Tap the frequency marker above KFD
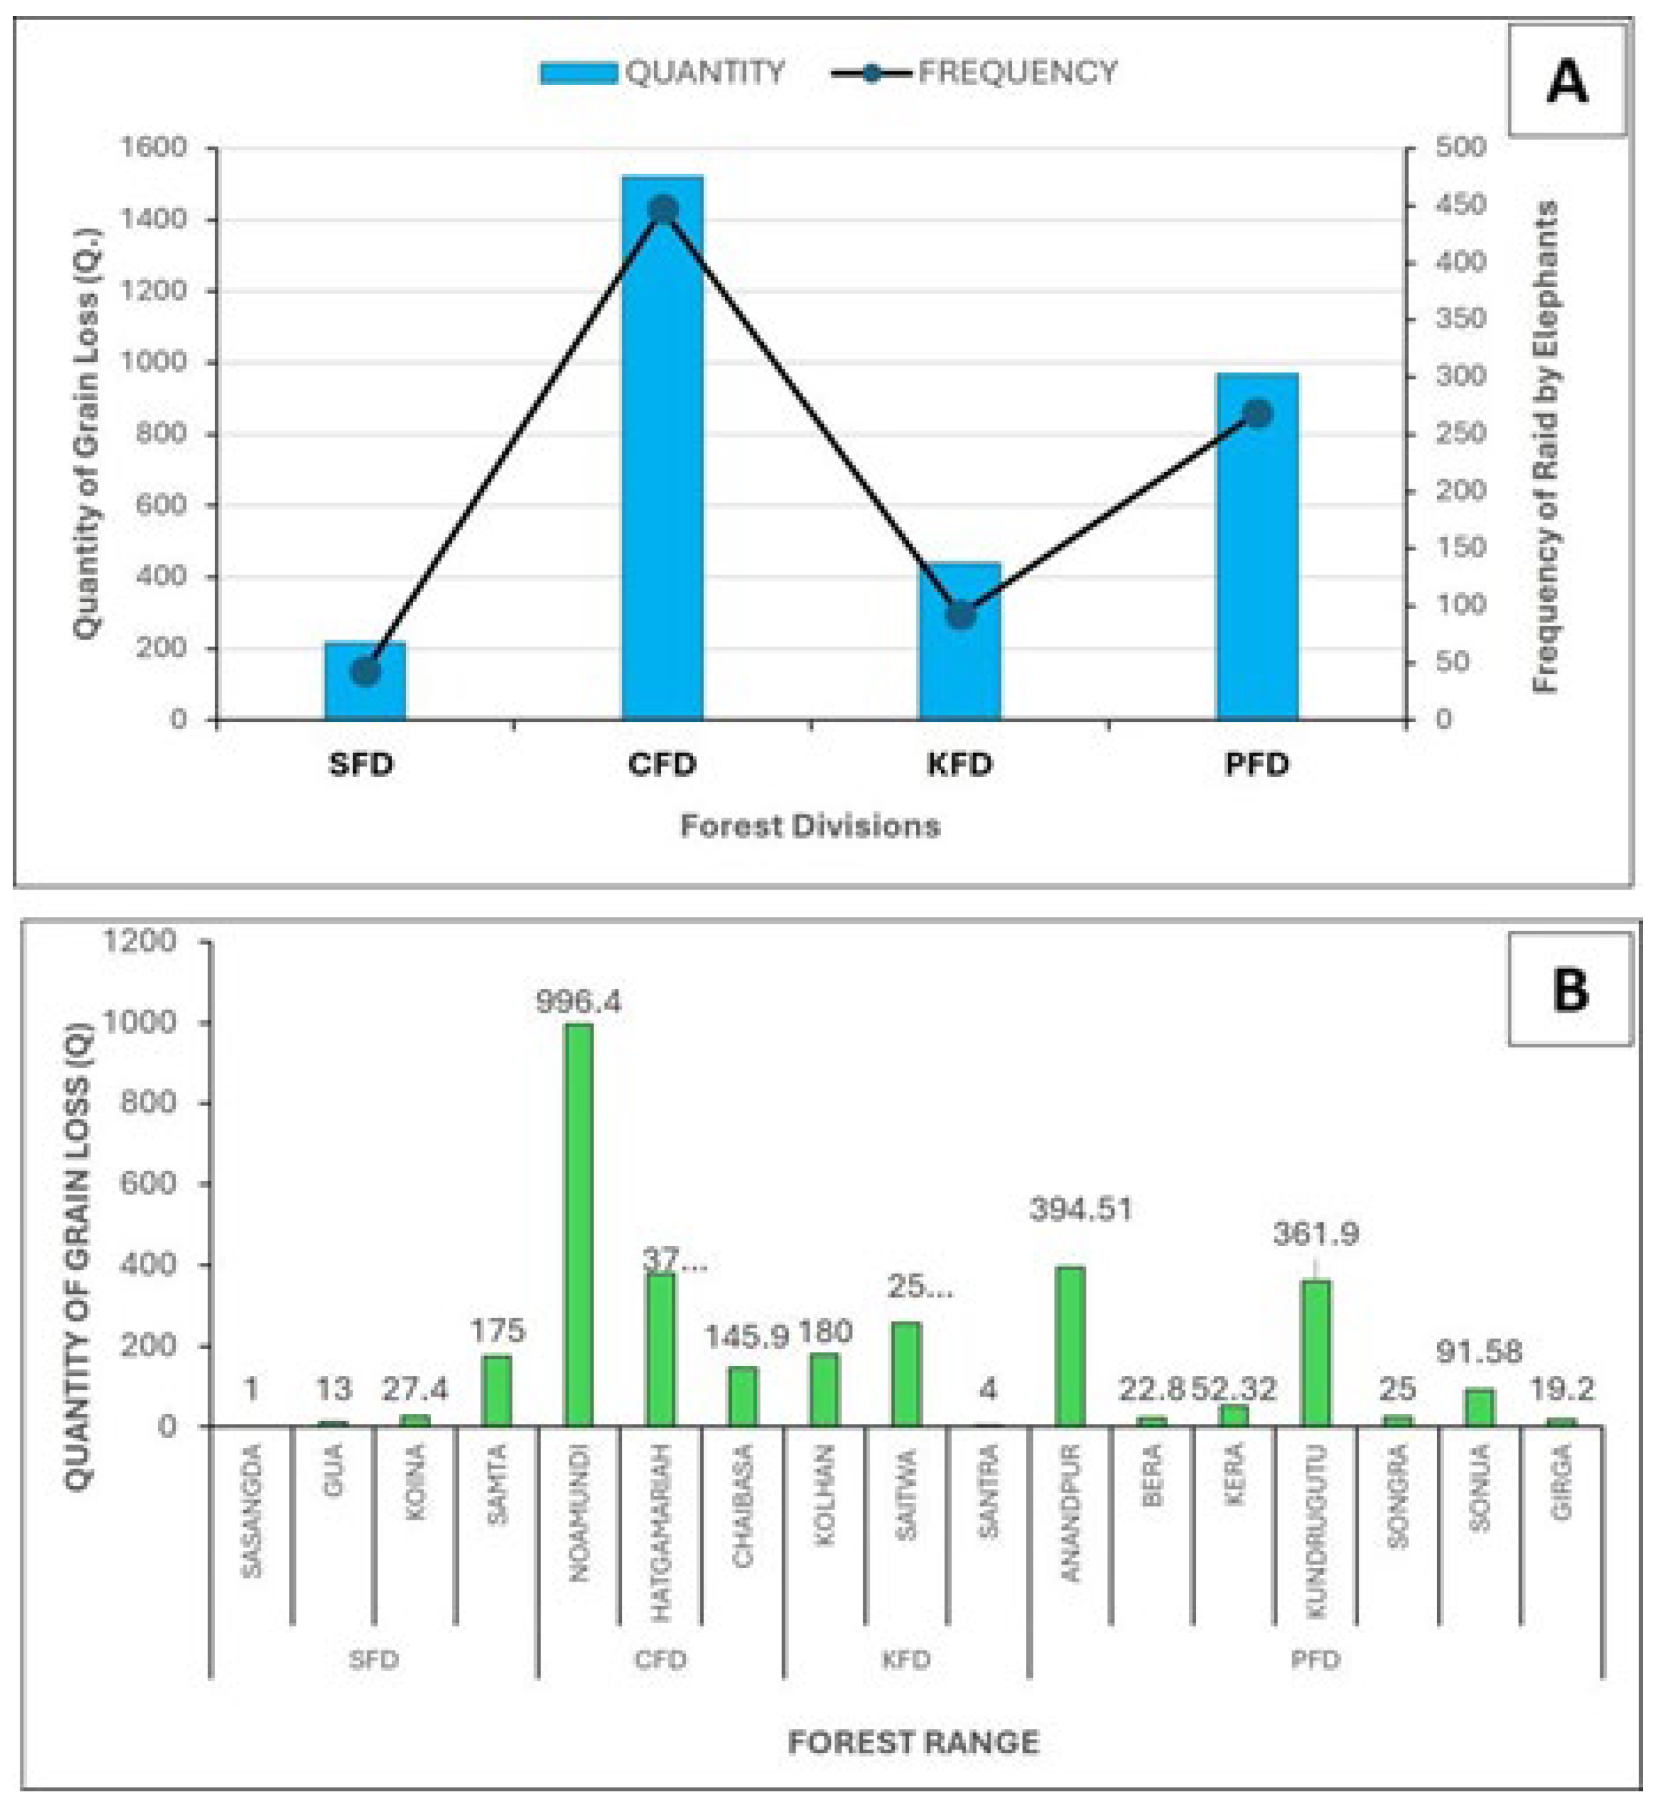click(961, 615)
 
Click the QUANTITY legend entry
click(662, 72)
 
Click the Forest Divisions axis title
click(810, 826)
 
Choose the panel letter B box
click(1570, 990)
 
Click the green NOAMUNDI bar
click(578, 1225)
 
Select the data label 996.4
click(578, 1002)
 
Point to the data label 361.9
click(1315, 1234)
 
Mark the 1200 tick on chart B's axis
click(140, 941)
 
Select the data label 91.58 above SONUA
click(1479, 1352)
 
